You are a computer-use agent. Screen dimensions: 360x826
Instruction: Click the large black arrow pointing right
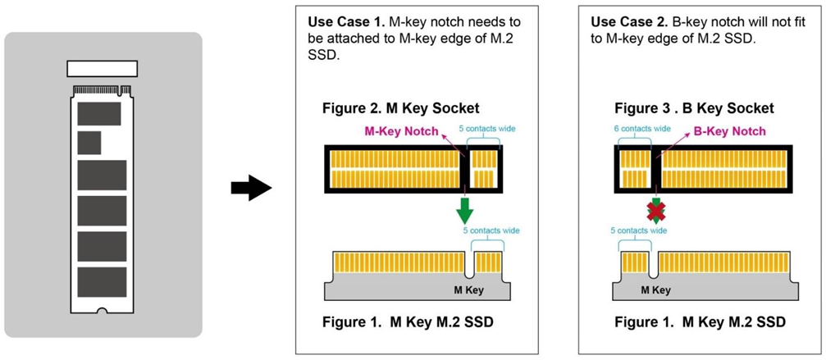coord(250,189)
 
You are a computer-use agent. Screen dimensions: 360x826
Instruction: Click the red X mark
coord(655,212)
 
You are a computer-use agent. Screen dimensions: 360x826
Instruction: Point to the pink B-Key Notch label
coord(730,131)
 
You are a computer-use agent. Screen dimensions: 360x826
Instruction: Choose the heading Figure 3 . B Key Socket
coord(694,109)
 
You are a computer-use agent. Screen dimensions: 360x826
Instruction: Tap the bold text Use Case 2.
coord(624,19)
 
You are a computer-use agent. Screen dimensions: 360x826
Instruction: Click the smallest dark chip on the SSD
coord(89,143)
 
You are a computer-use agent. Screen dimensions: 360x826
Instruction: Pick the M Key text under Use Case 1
coord(469,289)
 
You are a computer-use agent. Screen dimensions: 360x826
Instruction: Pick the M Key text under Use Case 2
coord(655,289)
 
